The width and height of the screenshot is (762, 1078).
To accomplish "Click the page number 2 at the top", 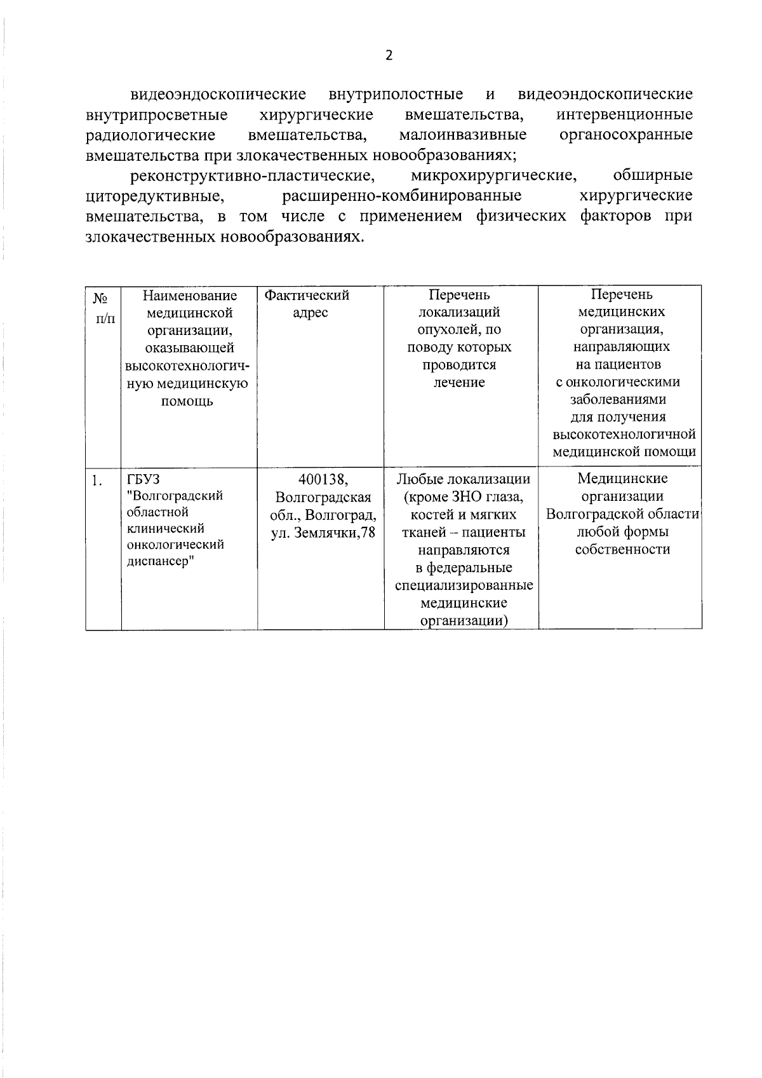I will click(x=389, y=55).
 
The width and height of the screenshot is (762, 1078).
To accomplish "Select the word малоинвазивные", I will click(x=463, y=135).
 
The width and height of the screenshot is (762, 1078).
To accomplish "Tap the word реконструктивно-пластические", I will click(x=250, y=175).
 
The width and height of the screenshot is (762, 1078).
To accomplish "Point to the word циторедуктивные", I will click(x=154, y=196).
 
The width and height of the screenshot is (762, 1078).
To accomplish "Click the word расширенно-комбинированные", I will click(x=402, y=196).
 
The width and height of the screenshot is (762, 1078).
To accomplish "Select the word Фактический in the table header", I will click(x=307, y=296).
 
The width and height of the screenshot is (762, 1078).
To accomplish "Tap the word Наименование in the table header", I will click(x=190, y=296).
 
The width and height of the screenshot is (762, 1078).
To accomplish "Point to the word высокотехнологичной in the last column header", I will click(x=624, y=435).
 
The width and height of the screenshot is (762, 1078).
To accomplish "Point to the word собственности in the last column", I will click(x=622, y=550).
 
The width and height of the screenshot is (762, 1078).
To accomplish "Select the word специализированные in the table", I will click(x=464, y=585).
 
